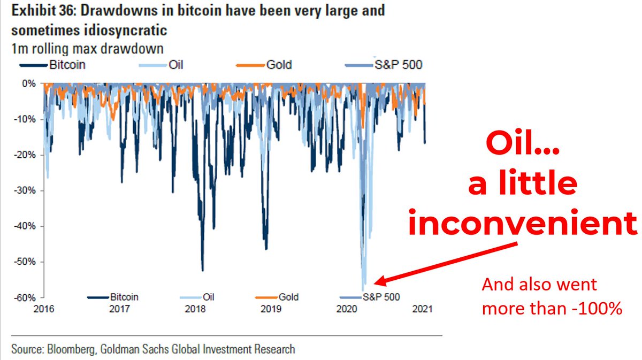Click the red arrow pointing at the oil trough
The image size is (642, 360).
point(444,263)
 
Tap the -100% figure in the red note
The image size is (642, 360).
point(601,309)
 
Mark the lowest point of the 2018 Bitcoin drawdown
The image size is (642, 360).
point(203,270)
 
